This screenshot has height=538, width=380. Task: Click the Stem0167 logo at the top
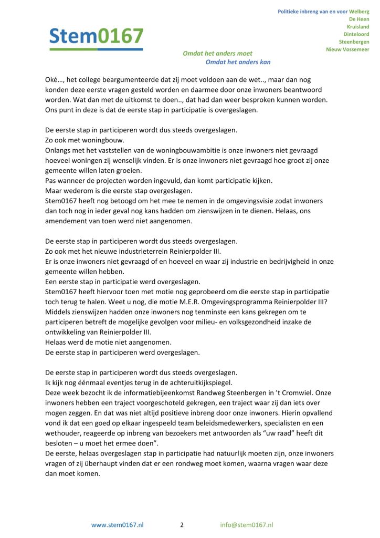(x=96, y=37)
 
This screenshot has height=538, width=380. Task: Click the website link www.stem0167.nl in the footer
(x=118, y=524)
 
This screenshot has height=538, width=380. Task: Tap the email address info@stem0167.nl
(x=247, y=524)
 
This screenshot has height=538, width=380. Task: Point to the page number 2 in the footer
(x=182, y=524)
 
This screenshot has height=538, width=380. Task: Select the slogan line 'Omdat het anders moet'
(x=217, y=53)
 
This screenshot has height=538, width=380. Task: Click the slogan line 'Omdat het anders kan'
(x=238, y=62)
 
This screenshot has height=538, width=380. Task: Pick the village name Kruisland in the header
(x=358, y=26)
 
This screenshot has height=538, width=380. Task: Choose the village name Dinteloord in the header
(x=356, y=34)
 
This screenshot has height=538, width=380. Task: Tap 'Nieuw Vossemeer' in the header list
(x=347, y=49)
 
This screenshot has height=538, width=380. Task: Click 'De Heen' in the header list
(x=360, y=18)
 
